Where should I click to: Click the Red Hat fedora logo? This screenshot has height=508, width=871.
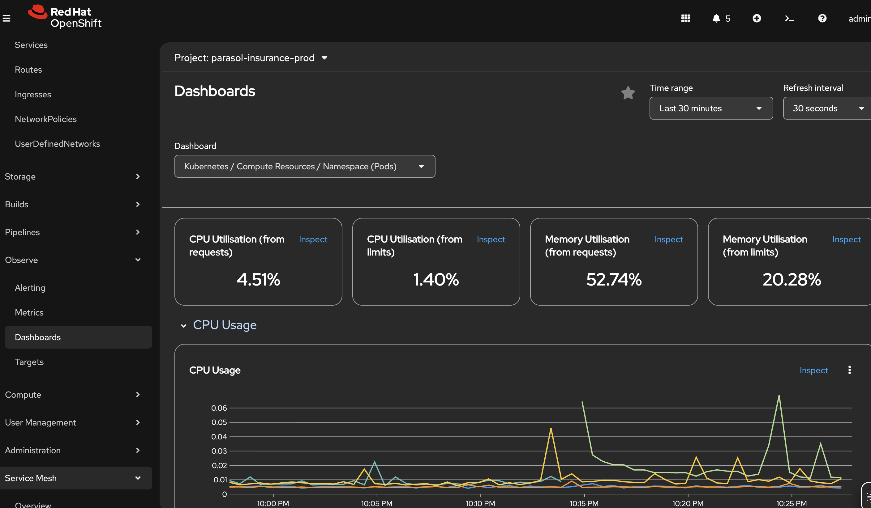[38, 12]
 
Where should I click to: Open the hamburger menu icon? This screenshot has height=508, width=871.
[6, 18]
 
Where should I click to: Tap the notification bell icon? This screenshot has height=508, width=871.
[716, 18]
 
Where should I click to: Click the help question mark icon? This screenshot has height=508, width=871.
[822, 18]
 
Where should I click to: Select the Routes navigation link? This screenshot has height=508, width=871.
[28, 70]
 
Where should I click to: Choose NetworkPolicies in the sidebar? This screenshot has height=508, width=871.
[46, 119]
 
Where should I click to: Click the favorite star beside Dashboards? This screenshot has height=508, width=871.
[628, 93]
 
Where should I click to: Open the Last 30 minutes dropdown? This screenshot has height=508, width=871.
[711, 108]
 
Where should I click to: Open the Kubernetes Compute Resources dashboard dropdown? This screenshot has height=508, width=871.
[304, 167]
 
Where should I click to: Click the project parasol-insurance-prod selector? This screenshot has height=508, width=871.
[251, 58]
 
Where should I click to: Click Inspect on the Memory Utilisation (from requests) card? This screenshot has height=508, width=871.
[668, 239]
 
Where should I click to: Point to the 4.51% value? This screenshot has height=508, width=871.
[258, 279]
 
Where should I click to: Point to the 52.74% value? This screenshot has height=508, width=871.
[614, 279]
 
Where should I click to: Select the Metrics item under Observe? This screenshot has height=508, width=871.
[29, 312]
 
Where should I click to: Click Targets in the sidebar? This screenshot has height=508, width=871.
[29, 362]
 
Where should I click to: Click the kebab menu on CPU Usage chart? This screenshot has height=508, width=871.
[849, 370]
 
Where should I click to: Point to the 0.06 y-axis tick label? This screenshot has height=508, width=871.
[219, 408]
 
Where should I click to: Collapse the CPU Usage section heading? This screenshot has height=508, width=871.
[184, 325]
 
